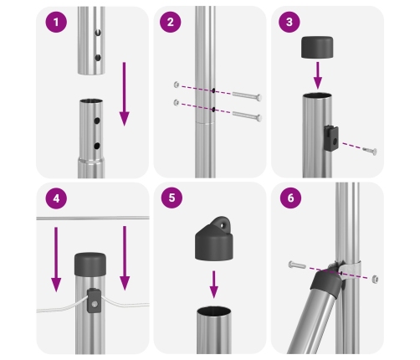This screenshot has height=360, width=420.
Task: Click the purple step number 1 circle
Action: click(x=56, y=22)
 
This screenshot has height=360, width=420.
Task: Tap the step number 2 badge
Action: click(x=171, y=22)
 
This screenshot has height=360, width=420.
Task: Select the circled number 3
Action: click(x=289, y=22)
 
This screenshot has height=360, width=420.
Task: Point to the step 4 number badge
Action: click(x=56, y=198)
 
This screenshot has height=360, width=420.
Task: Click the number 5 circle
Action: click(x=172, y=198)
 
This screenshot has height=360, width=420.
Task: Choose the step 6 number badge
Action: click(x=290, y=198)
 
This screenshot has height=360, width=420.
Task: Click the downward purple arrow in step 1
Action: click(x=124, y=94)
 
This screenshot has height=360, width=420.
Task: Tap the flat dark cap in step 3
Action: click(x=317, y=47)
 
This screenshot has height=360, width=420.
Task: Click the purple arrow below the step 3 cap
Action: click(x=318, y=75)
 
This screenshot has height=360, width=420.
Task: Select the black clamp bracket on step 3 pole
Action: click(x=331, y=138)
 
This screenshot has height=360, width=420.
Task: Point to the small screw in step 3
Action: click(x=370, y=151)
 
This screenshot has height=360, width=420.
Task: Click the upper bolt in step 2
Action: click(x=247, y=95)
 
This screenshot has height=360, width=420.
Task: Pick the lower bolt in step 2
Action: click(x=247, y=116)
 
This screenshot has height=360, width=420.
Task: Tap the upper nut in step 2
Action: click(x=177, y=85)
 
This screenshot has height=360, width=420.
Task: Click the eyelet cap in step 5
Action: click(x=214, y=239)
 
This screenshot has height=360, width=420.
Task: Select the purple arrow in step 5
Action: click(x=214, y=285)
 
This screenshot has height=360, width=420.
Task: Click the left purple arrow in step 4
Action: click(x=56, y=260)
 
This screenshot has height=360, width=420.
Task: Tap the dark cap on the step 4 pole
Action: click(x=90, y=264)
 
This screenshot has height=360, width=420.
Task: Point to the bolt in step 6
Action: click(x=297, y=265)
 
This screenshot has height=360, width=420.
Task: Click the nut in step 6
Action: click(x=375, y=279)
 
